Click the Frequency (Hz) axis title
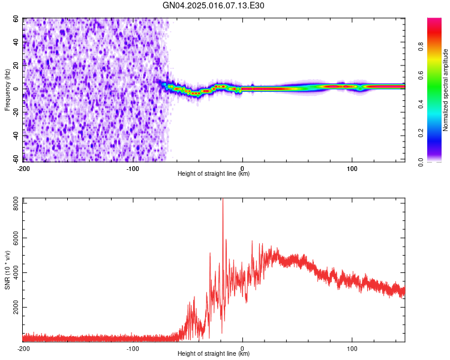tap(8, 90)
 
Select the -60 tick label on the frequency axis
tap(16, 159)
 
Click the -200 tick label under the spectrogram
tap(23, 169)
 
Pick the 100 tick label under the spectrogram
tap(352, 169)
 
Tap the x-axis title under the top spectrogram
tap(214, 174)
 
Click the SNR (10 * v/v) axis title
tap(8, 269)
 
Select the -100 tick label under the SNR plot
tap(133, 349)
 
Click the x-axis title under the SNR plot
tap(214, 354)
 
